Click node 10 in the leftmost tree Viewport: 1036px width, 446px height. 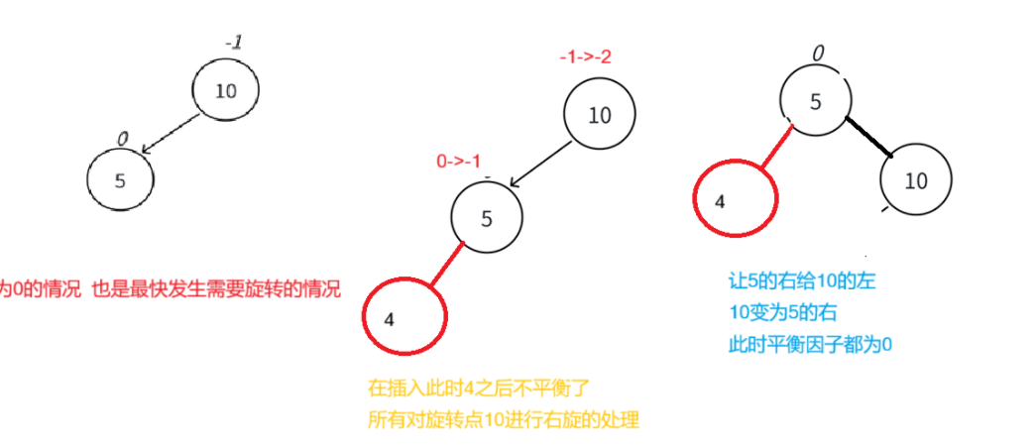pos(226,91)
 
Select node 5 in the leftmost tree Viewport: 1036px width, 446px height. pos(121,181)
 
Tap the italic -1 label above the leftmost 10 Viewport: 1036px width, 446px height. pos(234,43)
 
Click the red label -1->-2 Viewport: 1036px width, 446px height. pos(585,56)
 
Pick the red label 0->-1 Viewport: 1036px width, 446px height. pos(460,162)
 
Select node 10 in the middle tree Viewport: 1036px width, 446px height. pos(599,115)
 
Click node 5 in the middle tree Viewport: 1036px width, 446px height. pos(486,219)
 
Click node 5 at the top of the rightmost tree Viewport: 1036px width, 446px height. pos(814,101)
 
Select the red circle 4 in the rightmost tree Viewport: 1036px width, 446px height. pos(735,200)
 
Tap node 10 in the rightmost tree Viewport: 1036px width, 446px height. pos(916,180)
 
